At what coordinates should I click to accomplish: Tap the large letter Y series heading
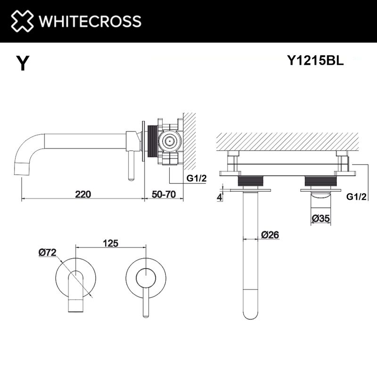tap(22, 64)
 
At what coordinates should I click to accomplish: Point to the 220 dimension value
tap(82, 194)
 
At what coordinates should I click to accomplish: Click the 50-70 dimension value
tap(164, 194)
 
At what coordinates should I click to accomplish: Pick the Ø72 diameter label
tap(48, 253)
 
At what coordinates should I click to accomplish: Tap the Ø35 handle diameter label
tap(321, 218)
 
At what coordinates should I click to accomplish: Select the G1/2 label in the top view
tap(356, 197)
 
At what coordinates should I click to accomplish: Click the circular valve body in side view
tap(168, 140)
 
